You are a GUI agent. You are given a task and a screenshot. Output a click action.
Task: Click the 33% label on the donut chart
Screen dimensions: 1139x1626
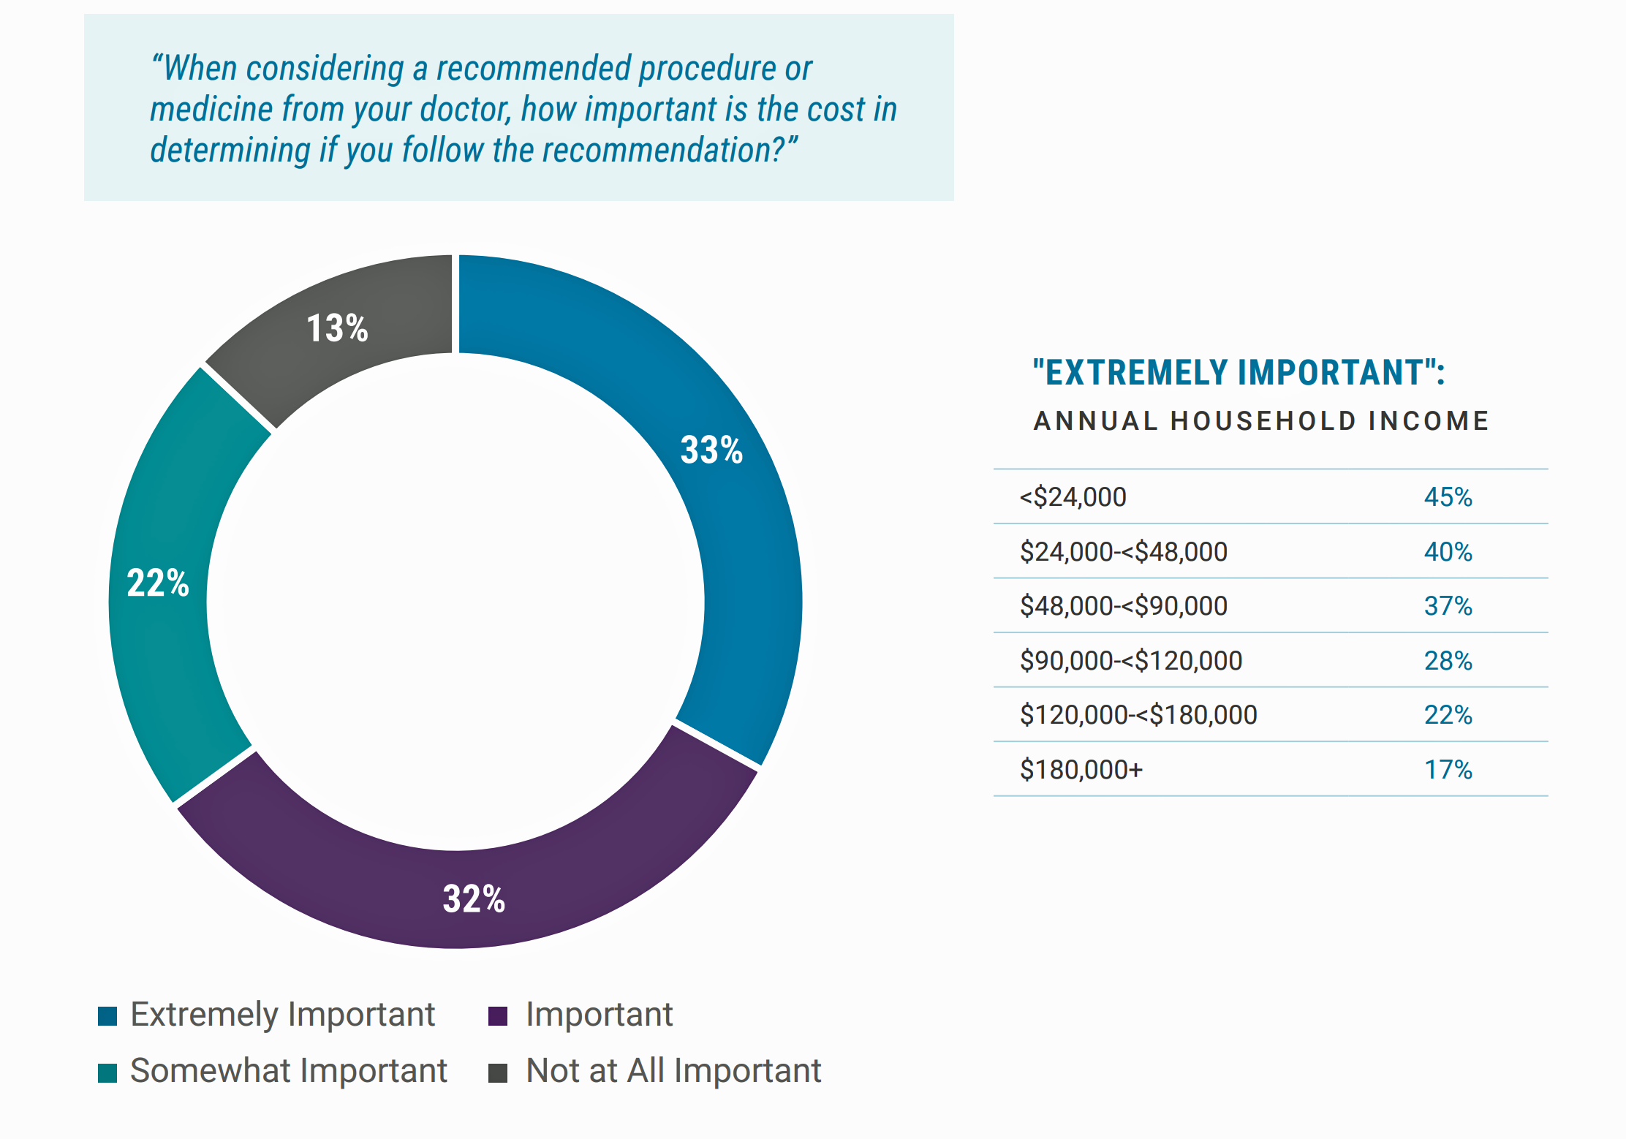[711, 450]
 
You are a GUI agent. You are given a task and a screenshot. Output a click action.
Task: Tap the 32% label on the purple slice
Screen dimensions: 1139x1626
[474, 898]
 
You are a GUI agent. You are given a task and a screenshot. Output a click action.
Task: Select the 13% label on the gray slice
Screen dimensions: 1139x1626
[337, 328]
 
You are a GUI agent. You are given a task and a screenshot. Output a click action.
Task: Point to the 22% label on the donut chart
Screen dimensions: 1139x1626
[158, 583]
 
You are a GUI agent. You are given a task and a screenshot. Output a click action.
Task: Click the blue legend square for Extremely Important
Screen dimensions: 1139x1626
[107, 1016]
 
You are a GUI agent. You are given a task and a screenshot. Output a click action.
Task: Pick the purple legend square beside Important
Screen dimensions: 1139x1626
[498, 1016]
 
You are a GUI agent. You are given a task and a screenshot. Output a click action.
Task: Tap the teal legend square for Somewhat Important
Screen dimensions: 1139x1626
[107, 1072]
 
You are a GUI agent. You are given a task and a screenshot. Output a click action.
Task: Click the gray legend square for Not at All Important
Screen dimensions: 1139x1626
[498, 1072]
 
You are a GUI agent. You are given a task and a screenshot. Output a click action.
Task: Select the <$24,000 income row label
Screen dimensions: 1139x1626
[1073, 497]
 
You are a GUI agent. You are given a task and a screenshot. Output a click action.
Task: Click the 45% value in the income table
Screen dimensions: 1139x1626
[1448, 497]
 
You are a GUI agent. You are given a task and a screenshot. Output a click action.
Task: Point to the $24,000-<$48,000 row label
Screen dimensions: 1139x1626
[1123, 552]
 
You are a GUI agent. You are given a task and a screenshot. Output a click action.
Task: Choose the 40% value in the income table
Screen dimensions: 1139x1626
[1448, 552]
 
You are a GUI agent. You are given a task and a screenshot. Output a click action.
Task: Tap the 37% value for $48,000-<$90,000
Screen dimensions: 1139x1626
[1448, 606]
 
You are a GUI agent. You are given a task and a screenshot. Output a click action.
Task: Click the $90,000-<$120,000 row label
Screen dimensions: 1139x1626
[1130, 661]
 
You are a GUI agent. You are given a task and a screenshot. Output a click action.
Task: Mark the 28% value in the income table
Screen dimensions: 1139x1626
[1448, 661]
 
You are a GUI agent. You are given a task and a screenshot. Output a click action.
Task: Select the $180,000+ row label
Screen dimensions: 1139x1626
[1081, 770]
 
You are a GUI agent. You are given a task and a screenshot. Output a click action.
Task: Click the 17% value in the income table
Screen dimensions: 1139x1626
[1448, 770]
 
